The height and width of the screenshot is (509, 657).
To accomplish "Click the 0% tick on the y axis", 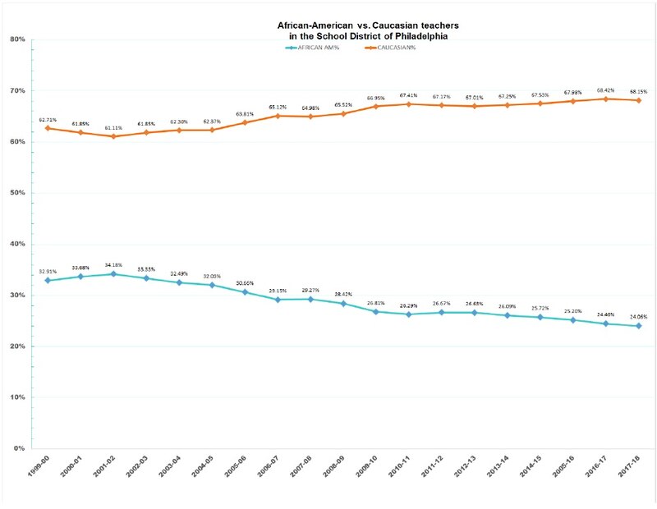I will tap(19, 449).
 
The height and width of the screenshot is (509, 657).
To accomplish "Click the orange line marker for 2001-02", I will tap(113, 136).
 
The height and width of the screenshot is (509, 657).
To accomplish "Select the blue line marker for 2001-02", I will tap(113, 274).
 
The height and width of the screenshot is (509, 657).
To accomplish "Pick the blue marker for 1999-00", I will tap(47, 281).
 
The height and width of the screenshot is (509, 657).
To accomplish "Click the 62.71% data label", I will tap(47, 119).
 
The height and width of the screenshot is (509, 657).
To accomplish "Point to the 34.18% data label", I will tap(113, 264).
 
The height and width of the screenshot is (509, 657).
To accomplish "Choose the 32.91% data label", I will tap(47, 271).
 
